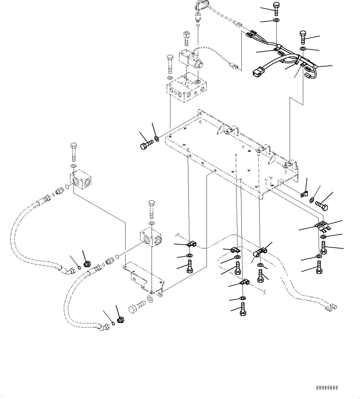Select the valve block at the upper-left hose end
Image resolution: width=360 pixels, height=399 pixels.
click(x=80, y=179)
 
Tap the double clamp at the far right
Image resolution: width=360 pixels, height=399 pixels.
click(x=323, y=227)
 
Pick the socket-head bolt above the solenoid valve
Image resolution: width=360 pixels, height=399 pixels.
click(x=187, y=38)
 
